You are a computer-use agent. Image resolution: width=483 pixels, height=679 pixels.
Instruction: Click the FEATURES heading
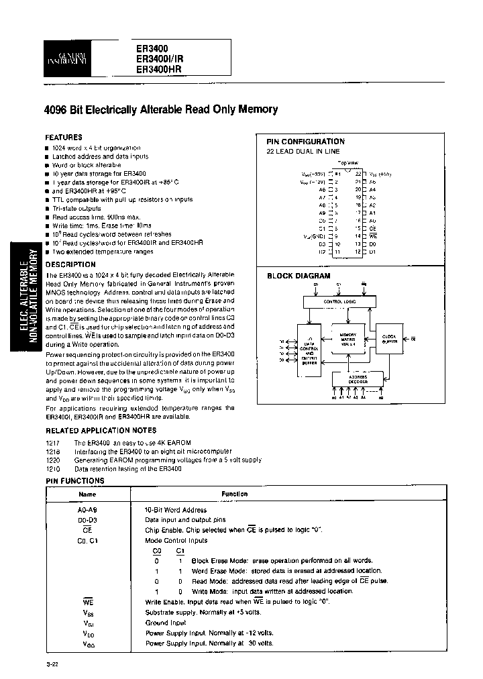pyautogui.click(x=64, y=137)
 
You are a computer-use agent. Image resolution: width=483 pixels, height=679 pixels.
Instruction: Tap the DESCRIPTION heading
pyautogui.click(x=70, y=264)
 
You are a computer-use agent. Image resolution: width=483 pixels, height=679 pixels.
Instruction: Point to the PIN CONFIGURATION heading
pyautogui.click(x=305, y=142)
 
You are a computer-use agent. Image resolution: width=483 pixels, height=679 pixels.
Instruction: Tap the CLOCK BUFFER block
pyautogui.click(x=389, y=339)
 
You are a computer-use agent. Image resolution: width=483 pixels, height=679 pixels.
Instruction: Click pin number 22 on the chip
pyautogui.click(x=358, y=174)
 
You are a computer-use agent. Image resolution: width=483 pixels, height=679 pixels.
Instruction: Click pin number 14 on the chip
pyautogui.click(x=358, y=236)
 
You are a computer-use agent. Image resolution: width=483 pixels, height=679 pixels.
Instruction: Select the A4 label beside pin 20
pyautogui.click(x=372, y=190)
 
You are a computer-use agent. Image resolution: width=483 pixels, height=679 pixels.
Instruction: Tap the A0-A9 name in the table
pyautogui.click(x=88, y=509)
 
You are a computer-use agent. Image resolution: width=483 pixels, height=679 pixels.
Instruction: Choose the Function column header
pyautogui.click(x=235, y=494)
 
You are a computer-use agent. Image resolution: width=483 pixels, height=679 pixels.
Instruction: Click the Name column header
pyautogui.click(x=88, y=494)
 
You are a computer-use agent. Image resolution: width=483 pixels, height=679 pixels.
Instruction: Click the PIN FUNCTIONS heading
pyautogui.click(x=74, y=480)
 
